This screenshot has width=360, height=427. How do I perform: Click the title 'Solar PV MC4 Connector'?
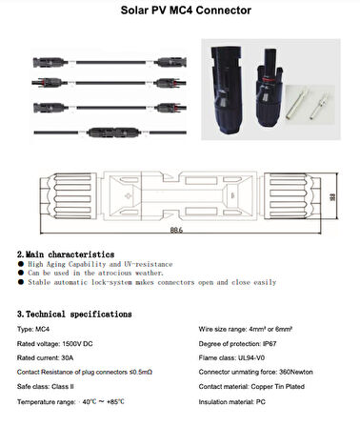(180, 11)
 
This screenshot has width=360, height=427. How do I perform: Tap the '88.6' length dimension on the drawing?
(178, 232)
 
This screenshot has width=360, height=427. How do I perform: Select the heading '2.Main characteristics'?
(66, 254)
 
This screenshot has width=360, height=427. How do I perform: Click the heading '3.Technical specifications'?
(74, 314)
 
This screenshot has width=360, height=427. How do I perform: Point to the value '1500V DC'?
(83, 341)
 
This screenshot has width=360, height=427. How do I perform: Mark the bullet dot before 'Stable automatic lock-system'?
(21, 283)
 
